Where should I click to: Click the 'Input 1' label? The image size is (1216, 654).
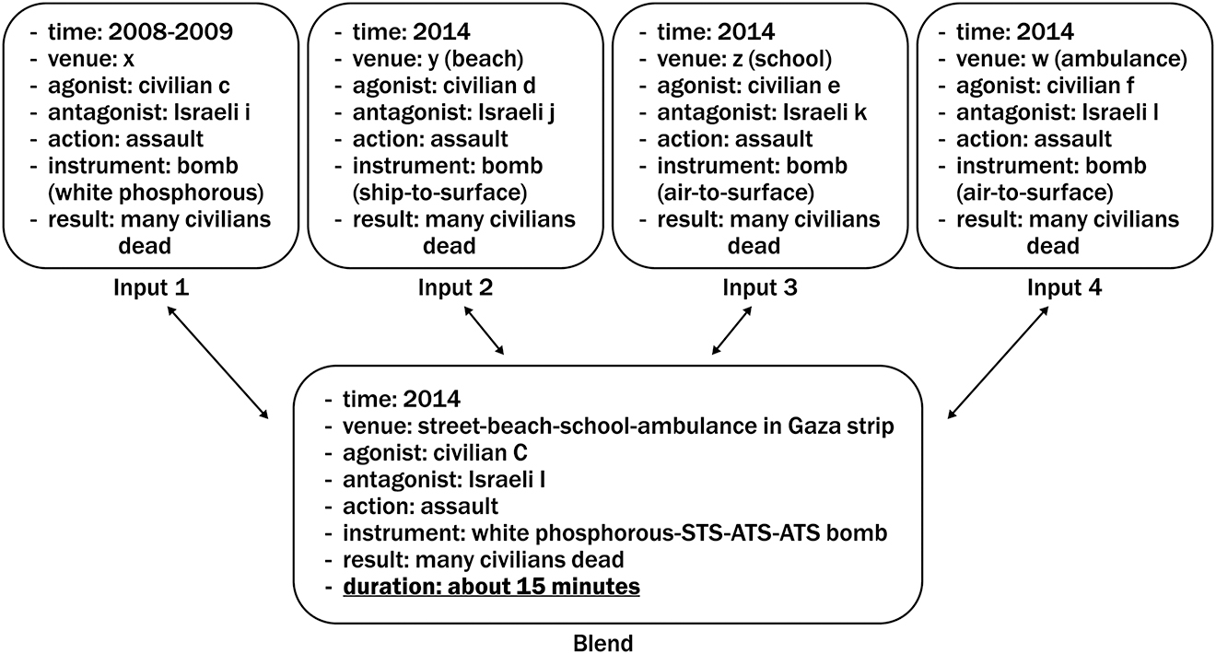click(152, 287)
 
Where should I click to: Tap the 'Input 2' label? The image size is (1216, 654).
click(455, 287)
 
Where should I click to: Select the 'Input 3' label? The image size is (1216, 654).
click(760, 287)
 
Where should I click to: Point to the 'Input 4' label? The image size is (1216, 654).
click(1064, 287)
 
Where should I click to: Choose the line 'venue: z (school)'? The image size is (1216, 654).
click(744, 60)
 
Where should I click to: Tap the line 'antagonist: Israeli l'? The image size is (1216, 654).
click(1052, 113)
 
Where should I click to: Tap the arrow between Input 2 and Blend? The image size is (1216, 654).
click(485, 331)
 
